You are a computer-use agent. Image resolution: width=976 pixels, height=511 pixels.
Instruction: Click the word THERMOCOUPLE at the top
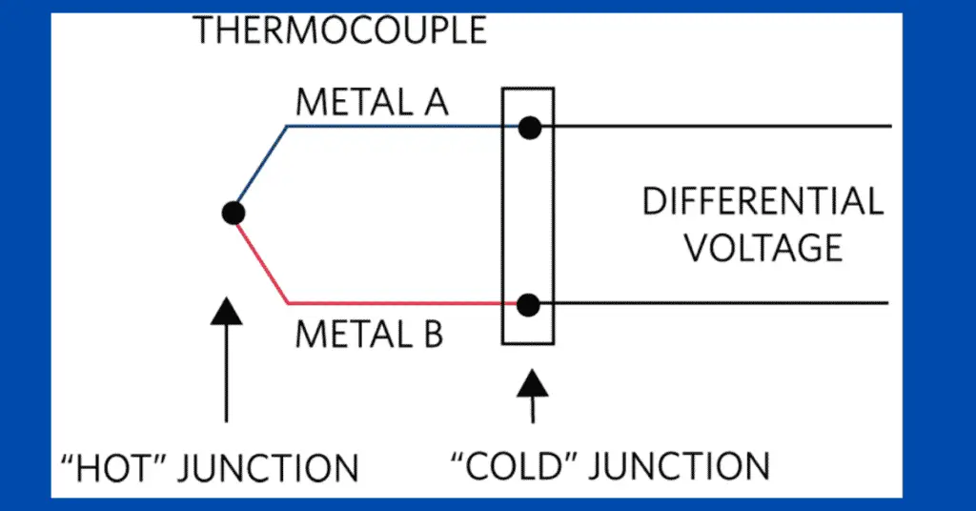pos(340,31)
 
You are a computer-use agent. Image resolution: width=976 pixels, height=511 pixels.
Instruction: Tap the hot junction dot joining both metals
pos(232,213)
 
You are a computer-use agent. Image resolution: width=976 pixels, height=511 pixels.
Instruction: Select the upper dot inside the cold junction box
pos(529,127)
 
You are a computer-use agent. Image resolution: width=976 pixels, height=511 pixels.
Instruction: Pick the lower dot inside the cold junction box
pos(529,305)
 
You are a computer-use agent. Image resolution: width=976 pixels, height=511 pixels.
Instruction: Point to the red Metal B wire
pos(391,304)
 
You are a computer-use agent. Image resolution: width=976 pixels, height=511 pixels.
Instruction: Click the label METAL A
pos(371,102)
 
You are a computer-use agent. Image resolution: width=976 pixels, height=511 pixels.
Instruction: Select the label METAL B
pos(369,337)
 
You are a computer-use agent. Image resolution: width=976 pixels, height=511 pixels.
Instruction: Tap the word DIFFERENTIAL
pos(762,202)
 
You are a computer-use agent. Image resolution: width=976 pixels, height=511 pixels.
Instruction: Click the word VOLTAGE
pos(764,248)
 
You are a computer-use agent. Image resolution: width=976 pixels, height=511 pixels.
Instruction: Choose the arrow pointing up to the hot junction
pos(226,362)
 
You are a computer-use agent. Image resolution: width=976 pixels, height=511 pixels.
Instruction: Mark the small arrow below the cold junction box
pos(531,396)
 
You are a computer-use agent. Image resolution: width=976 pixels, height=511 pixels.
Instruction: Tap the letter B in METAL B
pos(431,337)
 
